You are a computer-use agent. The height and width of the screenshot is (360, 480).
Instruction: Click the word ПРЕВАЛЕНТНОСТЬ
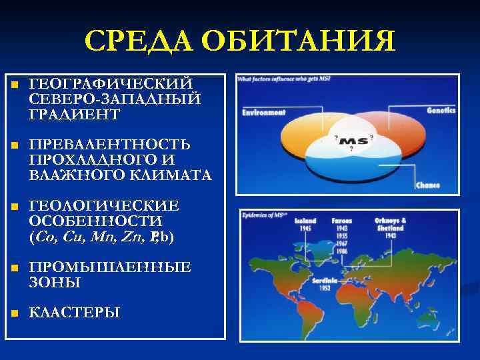tap(110, 145)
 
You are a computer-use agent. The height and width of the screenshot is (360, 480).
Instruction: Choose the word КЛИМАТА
tap(174, 176)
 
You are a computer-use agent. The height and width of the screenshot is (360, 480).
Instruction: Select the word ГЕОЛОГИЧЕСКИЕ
tap(104, 206)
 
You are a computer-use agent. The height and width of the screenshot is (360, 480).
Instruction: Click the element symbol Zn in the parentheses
tap(135, 237)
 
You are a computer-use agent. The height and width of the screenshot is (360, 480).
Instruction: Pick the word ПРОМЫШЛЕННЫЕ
tap(110, 267)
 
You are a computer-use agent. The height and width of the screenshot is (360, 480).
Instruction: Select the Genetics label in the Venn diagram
tap(441, 110)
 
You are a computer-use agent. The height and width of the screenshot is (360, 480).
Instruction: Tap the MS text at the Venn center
tap(351, 141)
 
